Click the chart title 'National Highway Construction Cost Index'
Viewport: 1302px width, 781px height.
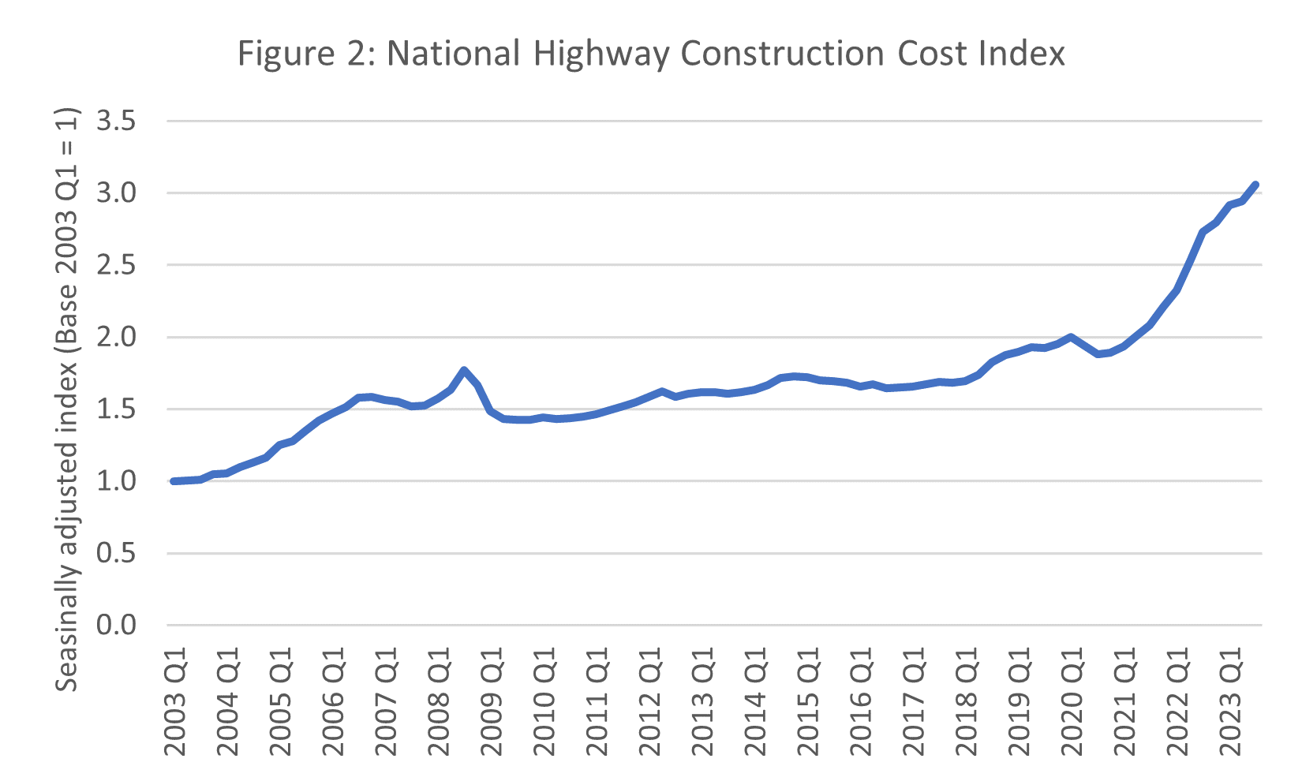(651, 54)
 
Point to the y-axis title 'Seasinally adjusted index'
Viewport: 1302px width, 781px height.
(68, 398)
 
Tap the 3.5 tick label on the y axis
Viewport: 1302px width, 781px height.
(116, 121)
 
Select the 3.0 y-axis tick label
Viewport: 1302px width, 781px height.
(116, 193)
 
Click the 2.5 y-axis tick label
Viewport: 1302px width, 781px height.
(116, 265)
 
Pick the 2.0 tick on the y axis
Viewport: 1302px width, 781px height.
(116, 338)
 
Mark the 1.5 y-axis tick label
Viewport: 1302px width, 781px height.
(116, 409)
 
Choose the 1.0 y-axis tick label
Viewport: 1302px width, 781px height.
(116, 481)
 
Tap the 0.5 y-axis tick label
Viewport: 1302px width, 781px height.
(116, 554)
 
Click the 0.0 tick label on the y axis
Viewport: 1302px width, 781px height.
(116, 626)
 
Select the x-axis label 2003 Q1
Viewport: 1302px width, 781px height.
(175, 701)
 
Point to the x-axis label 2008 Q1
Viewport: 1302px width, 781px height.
(439, 701)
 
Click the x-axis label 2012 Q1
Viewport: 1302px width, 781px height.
(649, 701)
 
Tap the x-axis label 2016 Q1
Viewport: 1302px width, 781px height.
(860, 701)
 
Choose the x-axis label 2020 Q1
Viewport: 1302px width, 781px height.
(1071, 701)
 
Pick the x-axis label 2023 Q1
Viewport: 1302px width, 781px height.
(1229, 701)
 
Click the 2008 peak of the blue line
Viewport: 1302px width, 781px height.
(464, 370)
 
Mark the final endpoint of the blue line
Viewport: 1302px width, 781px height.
(1255, 185)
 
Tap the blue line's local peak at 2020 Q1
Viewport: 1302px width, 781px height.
(1071, 338)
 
